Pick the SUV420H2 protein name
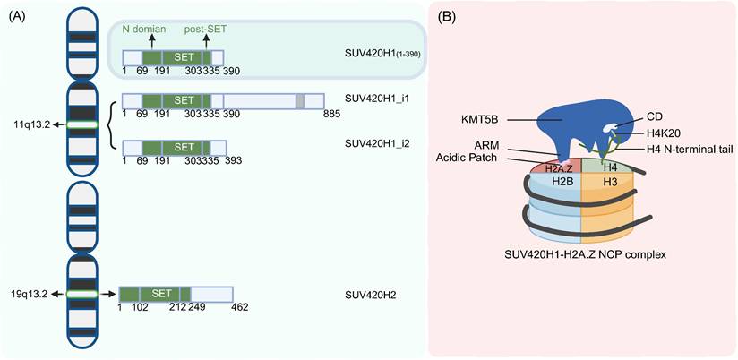click(x=370, y=294)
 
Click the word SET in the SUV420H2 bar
click(x=161, y=293)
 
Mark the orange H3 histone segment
click(x=610, y=181)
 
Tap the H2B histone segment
click(x=562, y=181)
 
